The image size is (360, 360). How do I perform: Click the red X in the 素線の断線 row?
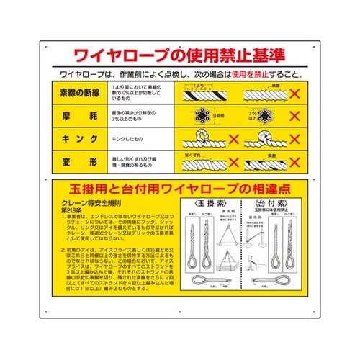294,94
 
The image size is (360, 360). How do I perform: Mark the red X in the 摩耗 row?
294,116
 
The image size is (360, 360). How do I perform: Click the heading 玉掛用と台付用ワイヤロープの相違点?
179,191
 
